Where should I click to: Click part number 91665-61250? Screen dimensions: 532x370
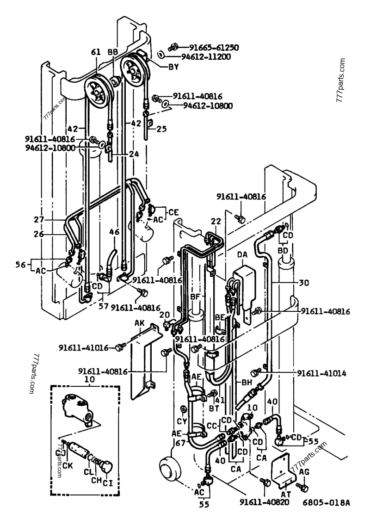point(212,47)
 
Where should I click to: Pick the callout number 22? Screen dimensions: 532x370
point(214,222)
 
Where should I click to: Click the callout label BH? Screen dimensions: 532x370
point(247,383)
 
